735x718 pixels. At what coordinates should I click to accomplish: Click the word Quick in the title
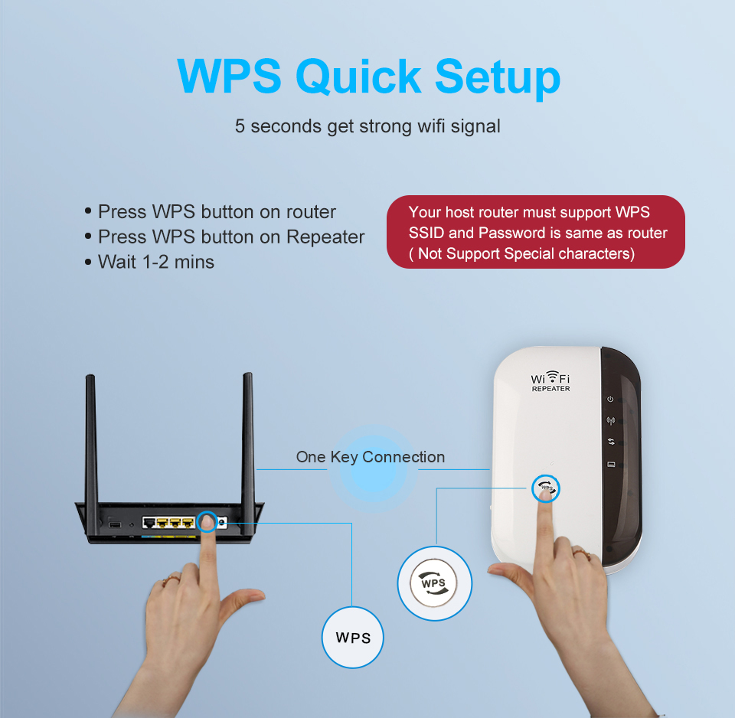tap(358, 77)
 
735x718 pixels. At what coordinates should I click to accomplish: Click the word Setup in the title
tap(498, 77)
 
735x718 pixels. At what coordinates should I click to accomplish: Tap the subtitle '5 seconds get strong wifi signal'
tap(367, 126)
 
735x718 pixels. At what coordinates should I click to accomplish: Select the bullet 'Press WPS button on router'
tap(217, 211)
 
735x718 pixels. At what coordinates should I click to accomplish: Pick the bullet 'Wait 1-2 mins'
tap(155, 262)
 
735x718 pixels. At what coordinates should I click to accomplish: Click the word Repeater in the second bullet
tap(325, 237)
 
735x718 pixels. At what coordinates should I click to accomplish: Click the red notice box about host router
tap(535, 232)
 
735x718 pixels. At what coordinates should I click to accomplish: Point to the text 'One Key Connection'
tap(370, 457)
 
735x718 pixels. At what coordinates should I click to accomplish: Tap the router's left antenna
tap(91, 436)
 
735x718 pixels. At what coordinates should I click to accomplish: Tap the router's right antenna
tap(247, 436)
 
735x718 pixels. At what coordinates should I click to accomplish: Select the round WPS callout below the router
tap(352, 638)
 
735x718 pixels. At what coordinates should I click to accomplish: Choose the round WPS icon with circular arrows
tap(434, 583)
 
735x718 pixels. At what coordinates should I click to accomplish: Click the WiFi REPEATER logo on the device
tap(550, 382)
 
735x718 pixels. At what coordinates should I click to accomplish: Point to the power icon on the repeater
tap(610, 400)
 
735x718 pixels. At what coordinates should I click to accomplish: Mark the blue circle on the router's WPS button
tap(207, 522)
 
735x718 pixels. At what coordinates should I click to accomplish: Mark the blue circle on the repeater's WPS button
tap(546, 488)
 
